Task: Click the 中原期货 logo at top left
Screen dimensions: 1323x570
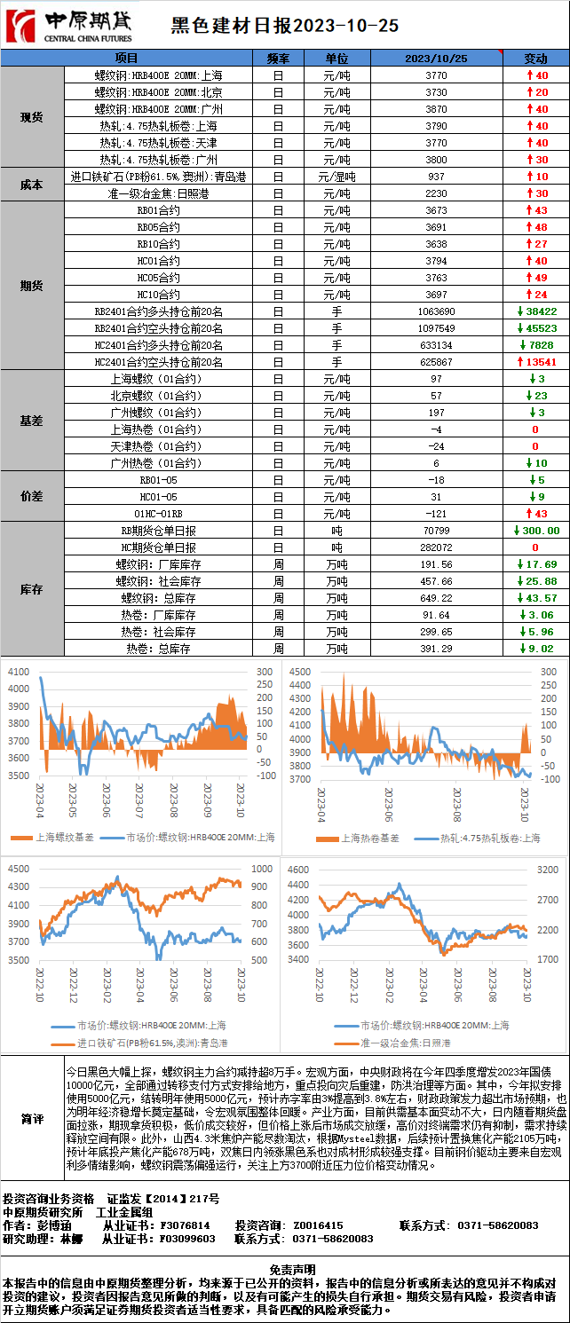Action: click(69, 26)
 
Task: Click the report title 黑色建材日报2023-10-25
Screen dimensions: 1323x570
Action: click(284, 27)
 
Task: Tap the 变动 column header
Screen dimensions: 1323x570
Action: click(536, 59)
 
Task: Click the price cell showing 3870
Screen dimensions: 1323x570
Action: click(436, 109)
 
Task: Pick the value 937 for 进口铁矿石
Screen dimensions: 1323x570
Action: click(436, 177)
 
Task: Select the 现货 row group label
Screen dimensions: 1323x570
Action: click(32, 117)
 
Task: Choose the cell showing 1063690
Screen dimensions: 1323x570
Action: click(436, 311)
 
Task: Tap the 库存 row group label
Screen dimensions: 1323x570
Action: click(32, 589)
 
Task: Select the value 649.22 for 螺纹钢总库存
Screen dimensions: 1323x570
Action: click(436, 598)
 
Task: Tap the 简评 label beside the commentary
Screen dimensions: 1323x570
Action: click(32, 1120)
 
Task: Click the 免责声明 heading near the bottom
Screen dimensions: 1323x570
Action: click(285, 1270)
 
